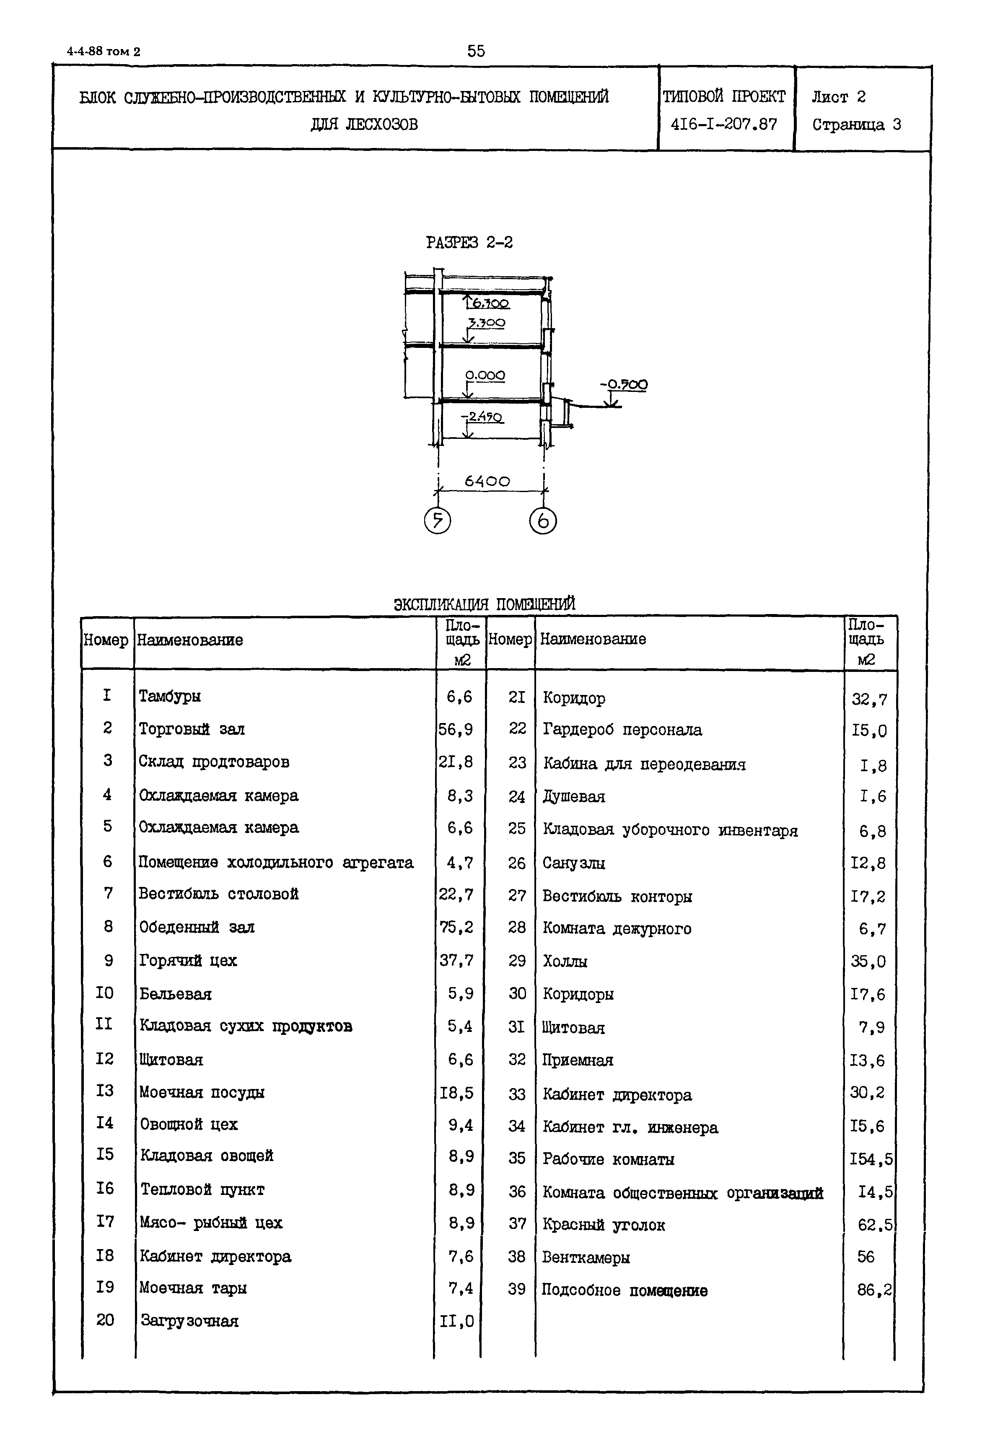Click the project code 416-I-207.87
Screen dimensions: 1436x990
723,124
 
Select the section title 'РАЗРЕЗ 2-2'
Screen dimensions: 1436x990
469,242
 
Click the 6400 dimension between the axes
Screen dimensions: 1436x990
487,481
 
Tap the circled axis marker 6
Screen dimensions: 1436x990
543,521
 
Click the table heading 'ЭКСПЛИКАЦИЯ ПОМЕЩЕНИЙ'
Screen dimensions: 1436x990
485,604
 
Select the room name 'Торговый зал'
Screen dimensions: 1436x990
191,729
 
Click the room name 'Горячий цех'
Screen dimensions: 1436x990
188,960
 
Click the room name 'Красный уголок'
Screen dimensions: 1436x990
603,1225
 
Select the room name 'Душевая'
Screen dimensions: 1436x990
574,796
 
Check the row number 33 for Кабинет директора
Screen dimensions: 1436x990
517,1094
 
